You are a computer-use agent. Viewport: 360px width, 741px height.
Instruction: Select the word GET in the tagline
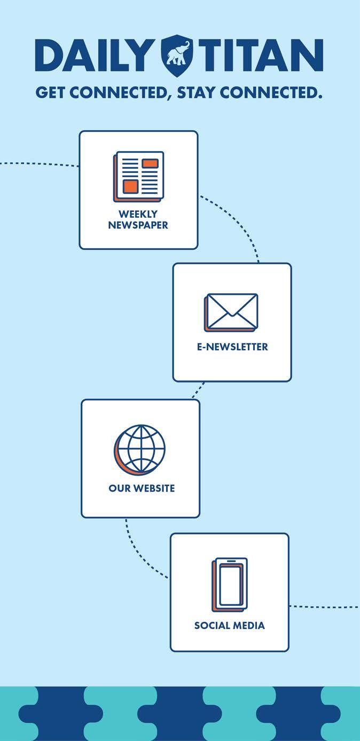click(51, 93)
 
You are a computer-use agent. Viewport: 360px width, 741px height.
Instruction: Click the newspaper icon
click(138, 176)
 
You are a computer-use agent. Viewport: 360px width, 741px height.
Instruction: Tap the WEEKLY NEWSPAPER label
click(138, 220)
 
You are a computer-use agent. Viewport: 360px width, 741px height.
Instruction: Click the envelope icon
click(231, 312)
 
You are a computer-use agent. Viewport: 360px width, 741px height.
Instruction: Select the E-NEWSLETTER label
click(232, 346)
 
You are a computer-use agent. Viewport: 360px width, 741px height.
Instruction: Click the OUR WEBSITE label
click(142, 488)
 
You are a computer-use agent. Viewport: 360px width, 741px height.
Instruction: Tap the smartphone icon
click(230, 585)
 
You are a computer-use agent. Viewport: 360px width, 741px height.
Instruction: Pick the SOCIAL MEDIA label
click(230, 625)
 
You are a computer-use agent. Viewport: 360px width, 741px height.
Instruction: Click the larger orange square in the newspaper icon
click(131, 186)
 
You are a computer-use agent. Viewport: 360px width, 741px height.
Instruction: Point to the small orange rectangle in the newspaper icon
click(150, 163)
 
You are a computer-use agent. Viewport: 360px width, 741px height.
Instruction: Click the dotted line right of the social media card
click(323, 607)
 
